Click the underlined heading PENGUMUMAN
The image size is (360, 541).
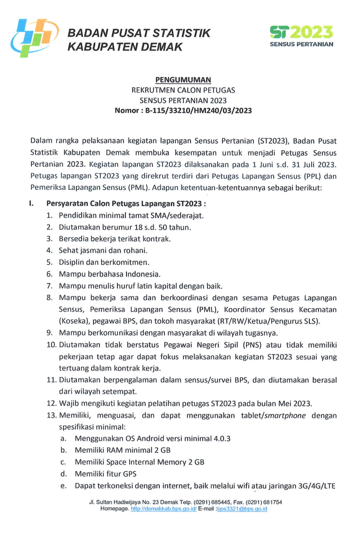tap(183, 80)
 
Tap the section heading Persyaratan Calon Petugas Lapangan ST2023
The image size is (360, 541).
tap(125, 204)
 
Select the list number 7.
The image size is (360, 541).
tap(50, 285)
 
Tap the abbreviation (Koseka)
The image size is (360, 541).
tap(72, 321)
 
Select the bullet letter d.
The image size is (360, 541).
tap(63, 473)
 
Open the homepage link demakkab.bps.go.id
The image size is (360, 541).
tap(164, 509)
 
